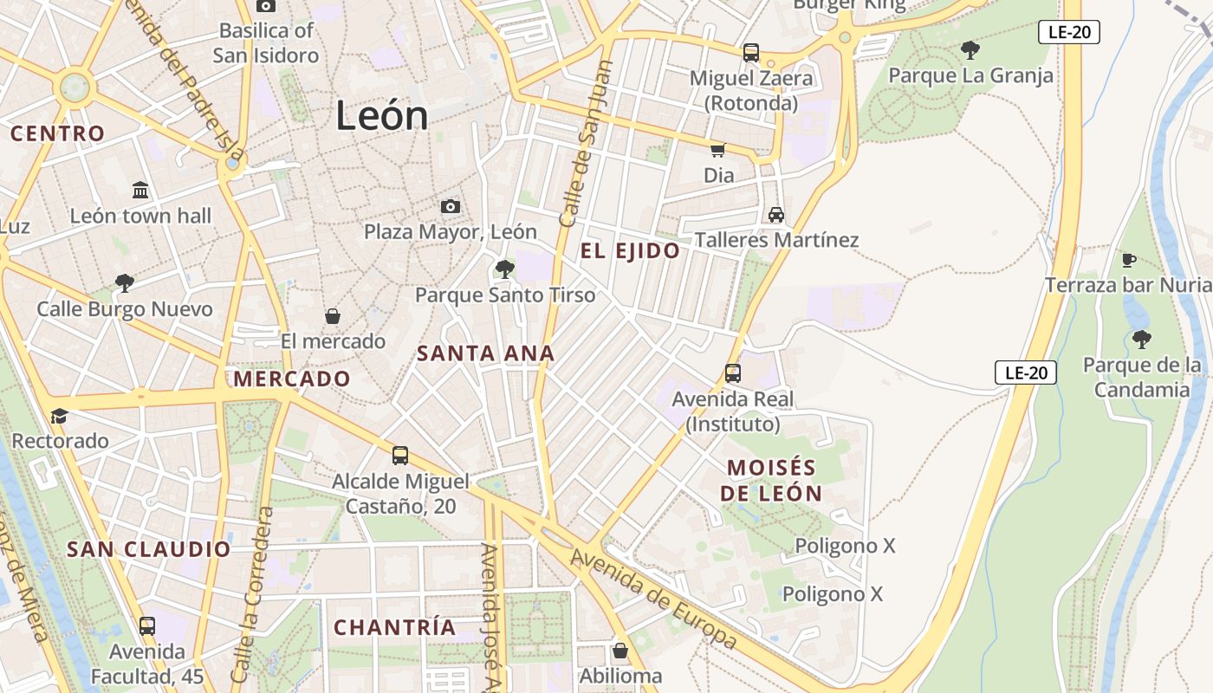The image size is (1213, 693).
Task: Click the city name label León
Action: pos(382,116)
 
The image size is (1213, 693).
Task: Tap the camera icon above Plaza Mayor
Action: pos(450,206)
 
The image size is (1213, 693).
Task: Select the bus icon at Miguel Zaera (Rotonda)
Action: pos(751,52)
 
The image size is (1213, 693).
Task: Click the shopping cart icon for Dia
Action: pos(717,150)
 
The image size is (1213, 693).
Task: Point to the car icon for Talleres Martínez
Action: pos(775,215)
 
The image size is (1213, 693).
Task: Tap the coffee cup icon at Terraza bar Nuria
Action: pos(1128,260)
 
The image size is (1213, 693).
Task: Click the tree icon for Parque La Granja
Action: pos(970,50)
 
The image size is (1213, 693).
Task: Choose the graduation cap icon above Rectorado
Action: pos(59,417)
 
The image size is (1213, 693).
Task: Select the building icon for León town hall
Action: pos(140,190)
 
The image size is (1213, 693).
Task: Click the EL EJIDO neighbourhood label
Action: pos(630,251)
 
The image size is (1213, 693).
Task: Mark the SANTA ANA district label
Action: pos(485,353)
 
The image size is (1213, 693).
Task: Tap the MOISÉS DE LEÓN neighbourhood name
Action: pos(771,481)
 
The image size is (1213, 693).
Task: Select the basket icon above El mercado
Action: pos(332,316)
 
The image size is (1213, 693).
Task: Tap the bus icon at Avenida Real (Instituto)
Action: pos(732,373)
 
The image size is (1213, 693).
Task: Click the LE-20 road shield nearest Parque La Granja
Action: pos(1068,33)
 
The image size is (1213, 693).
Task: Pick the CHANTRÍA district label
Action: pos(394,627)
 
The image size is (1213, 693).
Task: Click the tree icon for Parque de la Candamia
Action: pos(1141,339)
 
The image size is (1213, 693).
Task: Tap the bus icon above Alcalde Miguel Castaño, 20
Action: pos(399,455)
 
